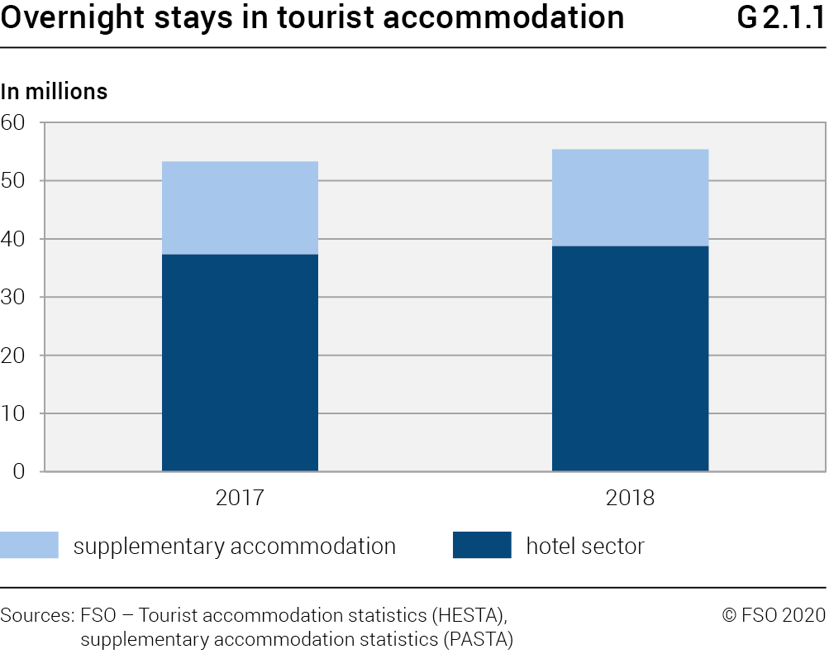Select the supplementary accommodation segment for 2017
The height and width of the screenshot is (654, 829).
pos(240,208)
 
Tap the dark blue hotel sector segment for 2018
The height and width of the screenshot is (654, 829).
pos(630,358)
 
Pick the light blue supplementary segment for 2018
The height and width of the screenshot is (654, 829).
pos(630,198)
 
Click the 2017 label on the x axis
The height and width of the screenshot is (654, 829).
pos(240,499)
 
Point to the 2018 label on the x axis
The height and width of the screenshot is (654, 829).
pos(630,499)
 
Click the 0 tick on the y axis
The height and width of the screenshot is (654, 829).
pos(20,471)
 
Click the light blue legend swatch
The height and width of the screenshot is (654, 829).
pos(30,546)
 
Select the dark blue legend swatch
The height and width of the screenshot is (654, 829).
pos(482,546)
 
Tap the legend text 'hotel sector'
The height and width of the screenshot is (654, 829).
pos(585,547)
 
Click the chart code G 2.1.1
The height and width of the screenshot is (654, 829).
pos(780,18)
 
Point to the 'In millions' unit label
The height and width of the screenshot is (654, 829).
pos(55,92)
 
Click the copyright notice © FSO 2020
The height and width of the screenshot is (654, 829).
pos(774,615)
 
